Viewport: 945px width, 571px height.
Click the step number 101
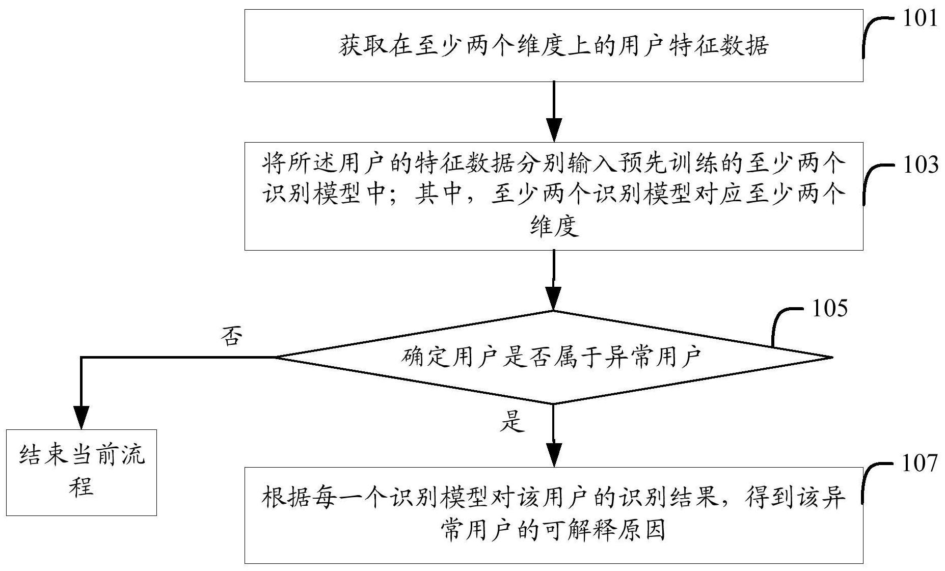[920, 19]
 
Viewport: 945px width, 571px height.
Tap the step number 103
[920, 165]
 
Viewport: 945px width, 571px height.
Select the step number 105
[829, 308]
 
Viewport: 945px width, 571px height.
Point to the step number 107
[920, 464]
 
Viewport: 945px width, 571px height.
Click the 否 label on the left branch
[232, 337]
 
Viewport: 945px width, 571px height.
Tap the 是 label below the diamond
[511, 422]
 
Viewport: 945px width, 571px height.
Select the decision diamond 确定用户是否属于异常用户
[553, 357]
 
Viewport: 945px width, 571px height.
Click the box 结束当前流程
[82, 472]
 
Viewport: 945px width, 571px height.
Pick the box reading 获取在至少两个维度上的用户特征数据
[553, 46]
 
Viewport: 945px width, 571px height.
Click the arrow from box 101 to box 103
[553, 112]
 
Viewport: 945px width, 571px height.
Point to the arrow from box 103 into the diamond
[553, 280]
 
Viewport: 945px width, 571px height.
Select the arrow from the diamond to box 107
[553, 436]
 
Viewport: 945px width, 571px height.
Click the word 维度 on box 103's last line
[554, 227]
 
